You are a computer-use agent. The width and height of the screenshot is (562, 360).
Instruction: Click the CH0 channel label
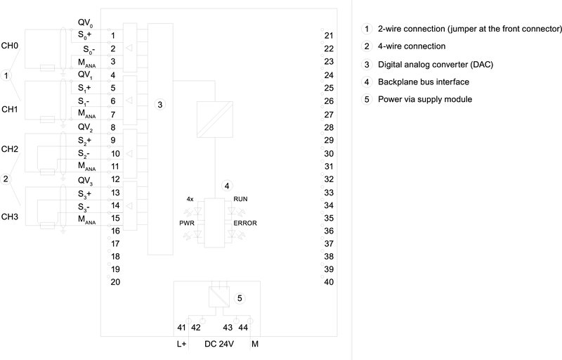10,45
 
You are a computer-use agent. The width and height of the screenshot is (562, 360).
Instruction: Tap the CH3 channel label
10,216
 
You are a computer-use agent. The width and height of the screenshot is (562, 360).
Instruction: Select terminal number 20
116,282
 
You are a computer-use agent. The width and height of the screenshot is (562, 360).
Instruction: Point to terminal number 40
329,282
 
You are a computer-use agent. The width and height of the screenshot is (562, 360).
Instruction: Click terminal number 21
329,35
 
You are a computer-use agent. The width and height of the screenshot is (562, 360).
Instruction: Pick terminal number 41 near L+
181,328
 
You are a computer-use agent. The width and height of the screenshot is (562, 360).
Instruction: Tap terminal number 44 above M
243,328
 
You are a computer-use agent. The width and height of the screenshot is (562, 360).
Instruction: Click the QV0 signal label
85,22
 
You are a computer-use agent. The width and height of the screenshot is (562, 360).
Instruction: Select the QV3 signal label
85,180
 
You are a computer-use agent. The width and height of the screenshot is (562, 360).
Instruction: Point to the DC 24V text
218,344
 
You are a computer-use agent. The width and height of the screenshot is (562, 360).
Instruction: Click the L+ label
181,344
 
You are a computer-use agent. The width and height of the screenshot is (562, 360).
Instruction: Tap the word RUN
240,200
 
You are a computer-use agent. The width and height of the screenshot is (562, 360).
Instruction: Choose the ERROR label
245,223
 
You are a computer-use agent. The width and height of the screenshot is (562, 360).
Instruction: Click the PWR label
185,223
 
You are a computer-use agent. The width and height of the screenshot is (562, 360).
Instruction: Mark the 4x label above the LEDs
190,200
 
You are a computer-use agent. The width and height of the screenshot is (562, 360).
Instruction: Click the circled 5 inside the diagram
239,298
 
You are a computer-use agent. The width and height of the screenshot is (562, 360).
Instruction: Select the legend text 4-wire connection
411,46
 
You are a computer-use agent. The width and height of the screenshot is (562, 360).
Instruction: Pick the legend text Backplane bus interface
423,82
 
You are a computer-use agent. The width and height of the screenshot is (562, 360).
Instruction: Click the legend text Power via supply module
424,100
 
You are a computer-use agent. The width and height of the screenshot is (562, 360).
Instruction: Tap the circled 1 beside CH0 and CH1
7,75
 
